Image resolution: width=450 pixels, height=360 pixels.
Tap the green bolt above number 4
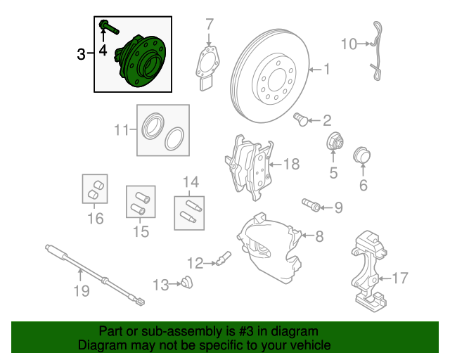[109, 27]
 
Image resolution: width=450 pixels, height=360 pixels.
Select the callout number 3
[82, 54]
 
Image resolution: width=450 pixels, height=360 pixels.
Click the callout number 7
[210, 25]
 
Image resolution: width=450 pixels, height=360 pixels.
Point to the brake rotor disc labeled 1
[270, 76]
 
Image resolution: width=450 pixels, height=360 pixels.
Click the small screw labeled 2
[301, 119]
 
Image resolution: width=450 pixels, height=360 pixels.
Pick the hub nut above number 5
[335, 141]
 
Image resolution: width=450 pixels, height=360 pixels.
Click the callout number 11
[122, 130]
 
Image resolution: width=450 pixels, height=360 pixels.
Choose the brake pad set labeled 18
[249, 167]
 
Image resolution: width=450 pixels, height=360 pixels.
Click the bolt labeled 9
[311, 205]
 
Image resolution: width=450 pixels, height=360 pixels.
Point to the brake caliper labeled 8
[269, 247]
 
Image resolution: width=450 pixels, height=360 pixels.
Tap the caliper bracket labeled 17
[368, 271]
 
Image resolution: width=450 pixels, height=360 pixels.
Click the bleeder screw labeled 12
[224, 258]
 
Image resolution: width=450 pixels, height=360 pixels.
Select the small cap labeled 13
[187, 282]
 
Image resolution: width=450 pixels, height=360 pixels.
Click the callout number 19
[82, 291]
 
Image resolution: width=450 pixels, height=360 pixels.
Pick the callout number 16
[96, 219]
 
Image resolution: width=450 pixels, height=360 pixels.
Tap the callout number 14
[191, 182]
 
